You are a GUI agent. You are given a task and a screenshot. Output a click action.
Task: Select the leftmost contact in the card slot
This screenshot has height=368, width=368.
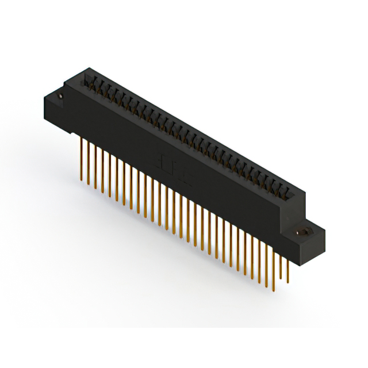pyautogui.click(x=90, y=80)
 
